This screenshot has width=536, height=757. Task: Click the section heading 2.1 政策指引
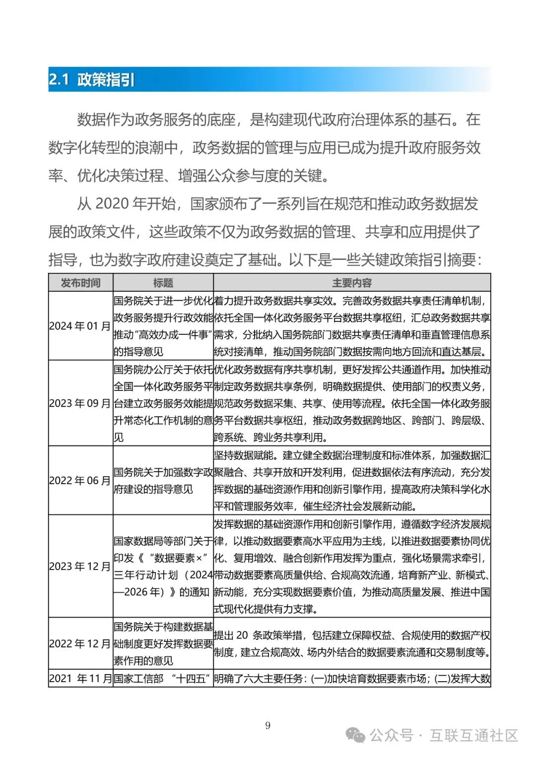(x=92, y=80)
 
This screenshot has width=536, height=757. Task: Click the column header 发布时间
(x=80, y=283)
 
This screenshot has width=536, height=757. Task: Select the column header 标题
(x=163, y=283)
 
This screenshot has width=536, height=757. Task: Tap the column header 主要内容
(x=352, y=283)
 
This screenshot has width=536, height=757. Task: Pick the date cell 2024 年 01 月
(x=80, y=326)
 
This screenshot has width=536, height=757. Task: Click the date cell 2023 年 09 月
(x=80, y=403)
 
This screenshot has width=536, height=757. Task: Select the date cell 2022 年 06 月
(x=80, y=480)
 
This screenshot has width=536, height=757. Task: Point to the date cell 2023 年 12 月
(x=80, y=566)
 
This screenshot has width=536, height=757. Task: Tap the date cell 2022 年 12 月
(x=80, y=643)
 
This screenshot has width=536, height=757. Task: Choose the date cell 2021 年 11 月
(x=80, y=678)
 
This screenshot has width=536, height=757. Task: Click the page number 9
(x=268, y=726)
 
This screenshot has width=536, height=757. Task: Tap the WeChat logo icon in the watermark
(x=355, y=735)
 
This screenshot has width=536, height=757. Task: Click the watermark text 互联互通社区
(x=473, y=735)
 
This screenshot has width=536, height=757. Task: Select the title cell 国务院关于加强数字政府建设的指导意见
(x=163, y=480)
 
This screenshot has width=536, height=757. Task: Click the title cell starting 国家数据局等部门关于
(x=163, y=566)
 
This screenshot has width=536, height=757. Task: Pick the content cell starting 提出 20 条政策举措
(x=352, y=643)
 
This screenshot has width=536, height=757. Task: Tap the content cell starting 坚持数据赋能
(x=352, y=480)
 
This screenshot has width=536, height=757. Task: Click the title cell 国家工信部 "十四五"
(x=163, y=678)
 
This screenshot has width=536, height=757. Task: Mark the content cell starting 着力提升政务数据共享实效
(x=352, y=326)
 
